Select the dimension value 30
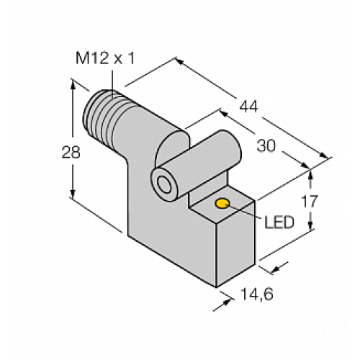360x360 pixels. (x=266, y=145)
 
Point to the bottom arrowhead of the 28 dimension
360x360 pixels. (x=73, y=197)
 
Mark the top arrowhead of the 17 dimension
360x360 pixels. (x=310, y=171)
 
